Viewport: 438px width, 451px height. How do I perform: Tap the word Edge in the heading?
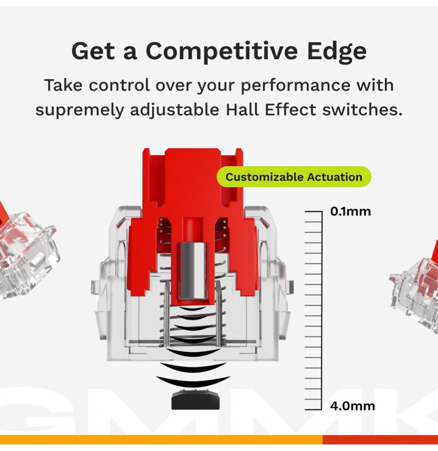[337, 51]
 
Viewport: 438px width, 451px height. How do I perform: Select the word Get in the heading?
[93, 51]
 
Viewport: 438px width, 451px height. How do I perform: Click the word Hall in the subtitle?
[243, 109]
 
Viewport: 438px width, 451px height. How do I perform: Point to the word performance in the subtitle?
[295, 86]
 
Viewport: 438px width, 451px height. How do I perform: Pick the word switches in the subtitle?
[362, 109]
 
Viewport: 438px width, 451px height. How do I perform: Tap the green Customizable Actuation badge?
[293, 176]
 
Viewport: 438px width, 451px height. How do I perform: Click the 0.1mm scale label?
[350, 212]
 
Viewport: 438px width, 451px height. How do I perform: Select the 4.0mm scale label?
[353, 406]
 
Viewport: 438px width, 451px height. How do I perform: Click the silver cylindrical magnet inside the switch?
[193, 270]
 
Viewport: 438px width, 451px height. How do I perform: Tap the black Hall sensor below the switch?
[195, 399]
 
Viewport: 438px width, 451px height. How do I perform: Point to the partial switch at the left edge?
[27, 253]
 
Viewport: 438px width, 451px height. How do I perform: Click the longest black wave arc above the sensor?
[193, 380]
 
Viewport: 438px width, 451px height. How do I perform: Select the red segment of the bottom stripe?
[380, 439]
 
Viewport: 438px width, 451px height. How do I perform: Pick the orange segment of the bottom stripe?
[161, 439]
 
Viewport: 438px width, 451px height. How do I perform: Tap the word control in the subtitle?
[119, 85]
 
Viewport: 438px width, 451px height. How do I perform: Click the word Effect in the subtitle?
[290, 109]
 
